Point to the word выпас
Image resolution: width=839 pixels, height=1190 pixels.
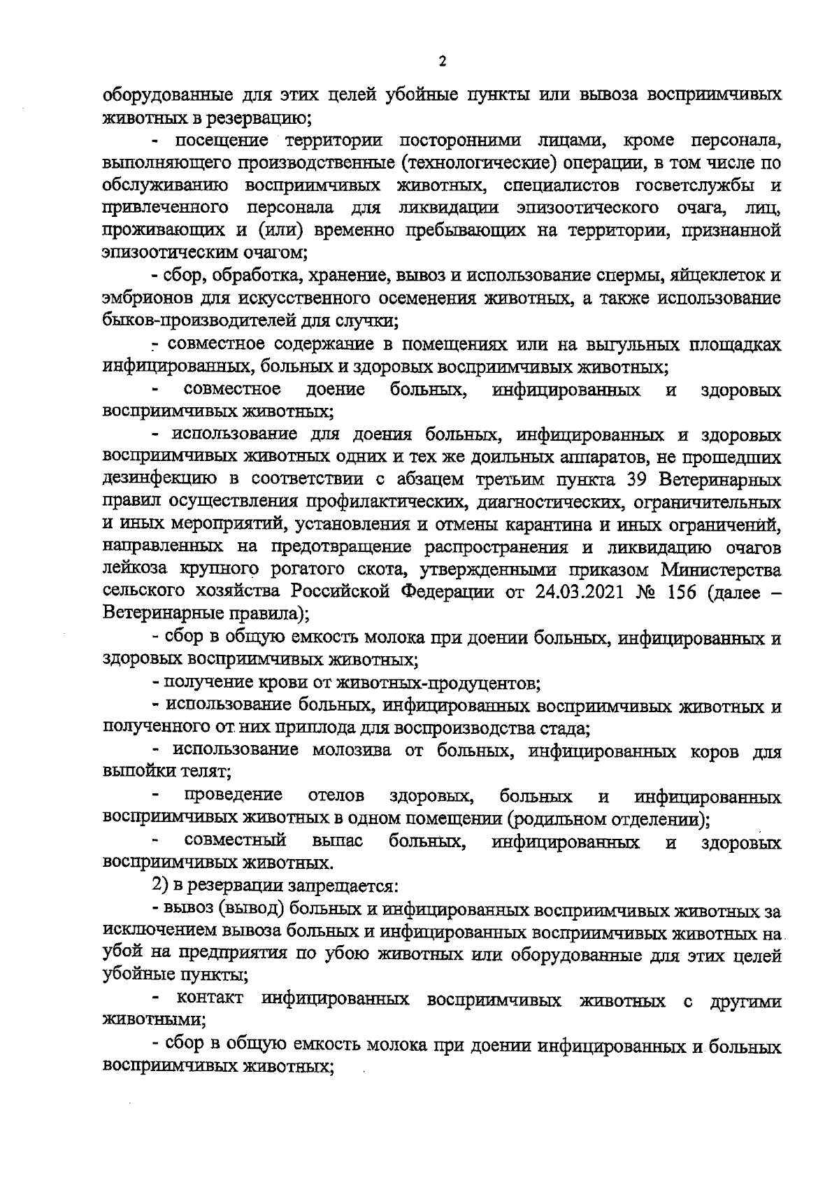tap(338, 840)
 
